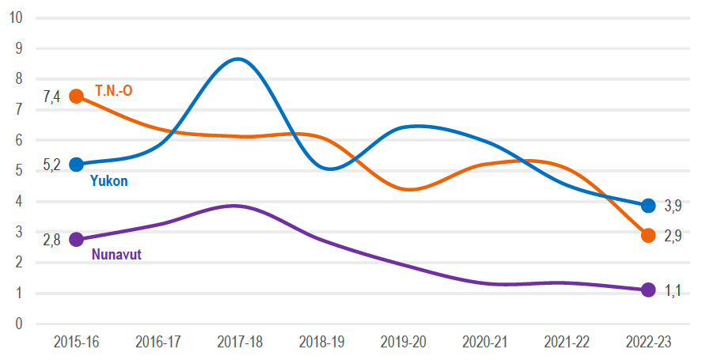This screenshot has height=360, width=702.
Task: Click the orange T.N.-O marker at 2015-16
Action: coord(77,96)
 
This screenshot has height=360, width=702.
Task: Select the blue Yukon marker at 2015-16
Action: coord(77,164)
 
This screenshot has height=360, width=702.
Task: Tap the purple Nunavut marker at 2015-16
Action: coord(77,239)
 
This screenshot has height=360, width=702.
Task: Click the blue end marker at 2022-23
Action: coord(648,206)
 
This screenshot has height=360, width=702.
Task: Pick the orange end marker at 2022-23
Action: coord(648,235)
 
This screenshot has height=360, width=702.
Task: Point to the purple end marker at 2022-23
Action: coord(648,290)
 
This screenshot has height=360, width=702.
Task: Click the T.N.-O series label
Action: coord(113,91)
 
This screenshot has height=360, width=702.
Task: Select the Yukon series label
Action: coord(109,181)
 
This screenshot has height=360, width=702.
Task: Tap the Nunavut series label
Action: coord(116,255)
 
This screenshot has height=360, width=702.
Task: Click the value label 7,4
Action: coord(51,97)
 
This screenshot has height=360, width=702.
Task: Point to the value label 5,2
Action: coord(51,165)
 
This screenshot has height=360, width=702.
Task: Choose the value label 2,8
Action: coord(51,240)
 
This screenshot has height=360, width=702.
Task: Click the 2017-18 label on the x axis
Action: coord(240,342)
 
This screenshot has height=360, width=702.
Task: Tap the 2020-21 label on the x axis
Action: coord(484,342)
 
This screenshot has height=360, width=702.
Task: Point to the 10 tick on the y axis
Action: coord(14,17)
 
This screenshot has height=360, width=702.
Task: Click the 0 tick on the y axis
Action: coord(18,324)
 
